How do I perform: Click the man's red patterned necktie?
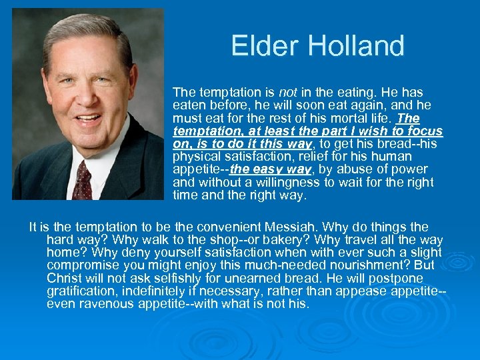[83, 179]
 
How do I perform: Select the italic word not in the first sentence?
[288, 92]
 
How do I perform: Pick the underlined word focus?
[425, 131]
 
